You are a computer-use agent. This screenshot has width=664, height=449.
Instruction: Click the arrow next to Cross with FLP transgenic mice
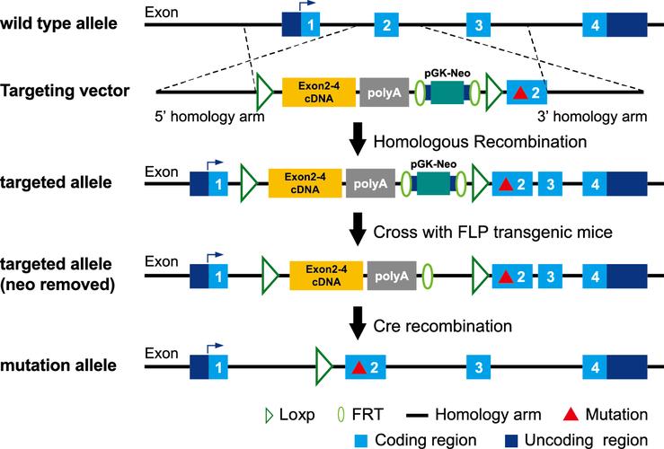pyautogui.click(x=358, y=231)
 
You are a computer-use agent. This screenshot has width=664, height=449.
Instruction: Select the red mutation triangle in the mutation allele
pyautogui.click(x=359, y=367)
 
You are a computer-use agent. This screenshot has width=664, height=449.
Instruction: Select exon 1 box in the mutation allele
pyautogui.click(x=217, y=367)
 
